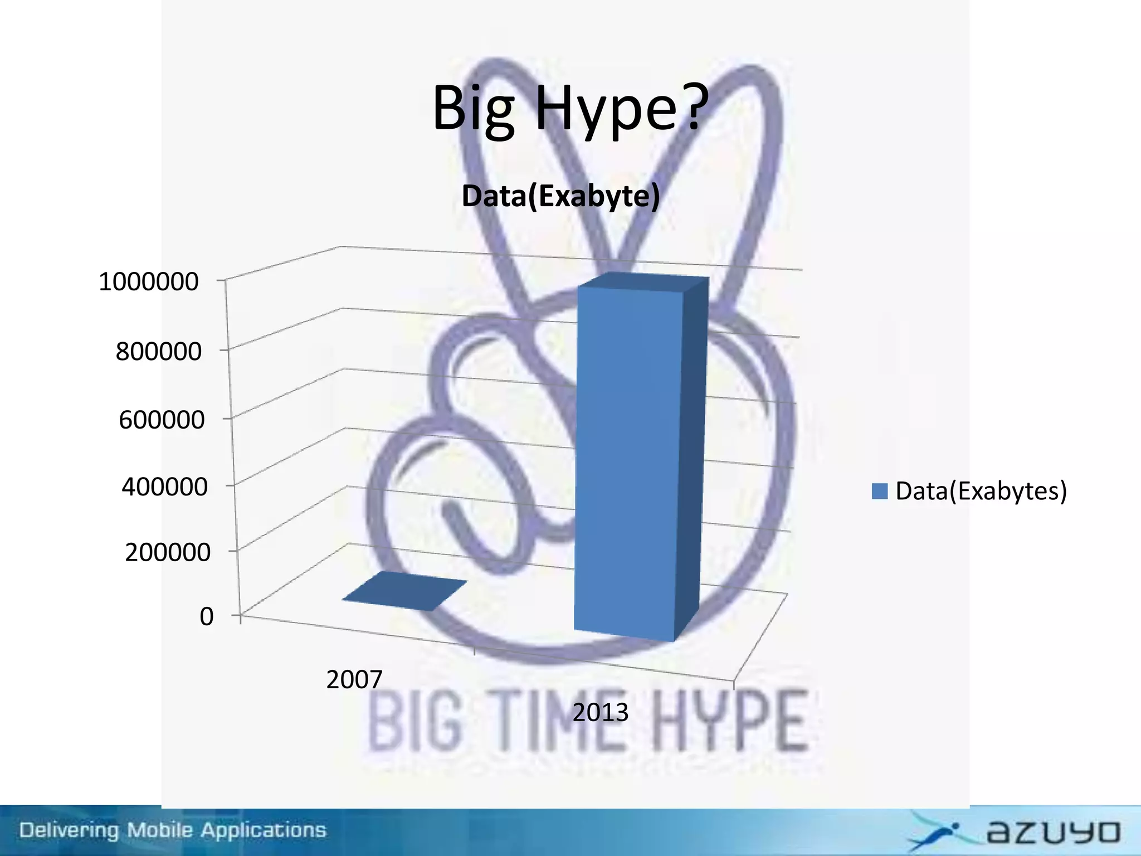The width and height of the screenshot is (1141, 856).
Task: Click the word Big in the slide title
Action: click(473, 109)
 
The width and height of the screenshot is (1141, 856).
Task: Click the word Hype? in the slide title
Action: click(622, 109)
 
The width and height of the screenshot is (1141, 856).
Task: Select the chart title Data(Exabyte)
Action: click(560, 196)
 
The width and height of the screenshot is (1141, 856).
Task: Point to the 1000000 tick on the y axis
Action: click(148, 282)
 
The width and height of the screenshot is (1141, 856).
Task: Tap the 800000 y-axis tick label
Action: click(158, 352)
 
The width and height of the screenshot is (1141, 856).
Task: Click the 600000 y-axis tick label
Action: click(162, 420)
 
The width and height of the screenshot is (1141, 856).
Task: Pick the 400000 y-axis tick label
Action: click(164, 487)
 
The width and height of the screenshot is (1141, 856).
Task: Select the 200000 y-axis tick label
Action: click(167, 552)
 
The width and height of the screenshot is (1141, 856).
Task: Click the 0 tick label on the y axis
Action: click(207, 617)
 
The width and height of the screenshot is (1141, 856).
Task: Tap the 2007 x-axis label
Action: click(354, 680)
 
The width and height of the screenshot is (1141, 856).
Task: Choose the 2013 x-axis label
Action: click(600, 713)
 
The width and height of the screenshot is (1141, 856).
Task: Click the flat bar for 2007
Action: click(404, 591)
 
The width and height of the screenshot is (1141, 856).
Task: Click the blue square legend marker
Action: click(879, 491)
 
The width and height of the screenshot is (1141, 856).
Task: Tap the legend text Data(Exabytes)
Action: click(981, 491)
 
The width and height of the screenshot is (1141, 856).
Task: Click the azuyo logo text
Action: click(1053, 833)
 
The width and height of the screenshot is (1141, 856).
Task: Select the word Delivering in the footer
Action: click(70, 831)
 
